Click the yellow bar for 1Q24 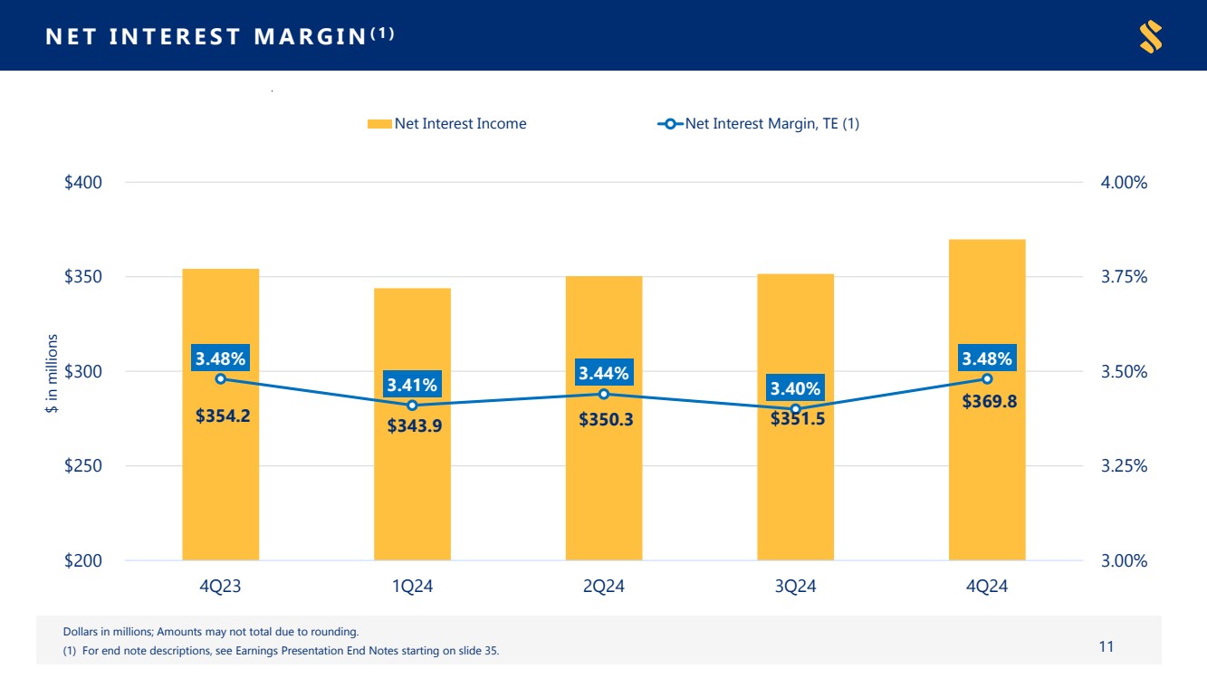tap(412, 489)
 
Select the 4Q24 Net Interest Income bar tap(987, 489)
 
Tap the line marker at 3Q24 tap(796, 409)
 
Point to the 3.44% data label tap(604, 372)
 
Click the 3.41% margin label tap(412, 385)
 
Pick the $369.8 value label tap(989, 402)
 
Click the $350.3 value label tap(606, 420)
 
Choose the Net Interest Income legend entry tap(447, 124)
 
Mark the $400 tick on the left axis tap(82, 183)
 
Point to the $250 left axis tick tap(82, 466)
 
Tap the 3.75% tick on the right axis tap(1124, 277)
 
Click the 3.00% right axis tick tap(1124, 561)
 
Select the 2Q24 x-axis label tap(604, 587)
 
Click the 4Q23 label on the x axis tap(220, 587)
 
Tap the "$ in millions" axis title tap(53, 374)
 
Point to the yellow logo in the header tap(1150, 36)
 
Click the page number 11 tap(1106, 646)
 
